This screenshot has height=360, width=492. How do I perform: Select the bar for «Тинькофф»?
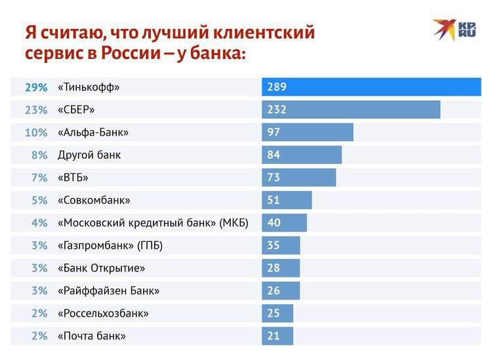[371, 87]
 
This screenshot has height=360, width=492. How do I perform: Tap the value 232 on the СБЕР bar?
[277, 110]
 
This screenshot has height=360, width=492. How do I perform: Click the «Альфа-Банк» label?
[93, 132]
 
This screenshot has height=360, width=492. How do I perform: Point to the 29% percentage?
[36, 87]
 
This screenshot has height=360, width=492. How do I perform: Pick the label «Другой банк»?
[89, 155]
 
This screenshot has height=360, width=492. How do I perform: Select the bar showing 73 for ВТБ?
[299, 177]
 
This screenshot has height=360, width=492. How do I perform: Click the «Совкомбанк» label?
[94, 200]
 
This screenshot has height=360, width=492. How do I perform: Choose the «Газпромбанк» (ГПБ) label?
[110, 245]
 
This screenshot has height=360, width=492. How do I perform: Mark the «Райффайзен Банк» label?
[109, 290]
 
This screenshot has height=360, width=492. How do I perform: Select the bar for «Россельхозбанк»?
[277, 313]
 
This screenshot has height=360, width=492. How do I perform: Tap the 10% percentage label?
[36, 132]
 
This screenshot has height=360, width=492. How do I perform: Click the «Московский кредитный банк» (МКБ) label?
[153, 223]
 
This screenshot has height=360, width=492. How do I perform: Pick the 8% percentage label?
[39, 155]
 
